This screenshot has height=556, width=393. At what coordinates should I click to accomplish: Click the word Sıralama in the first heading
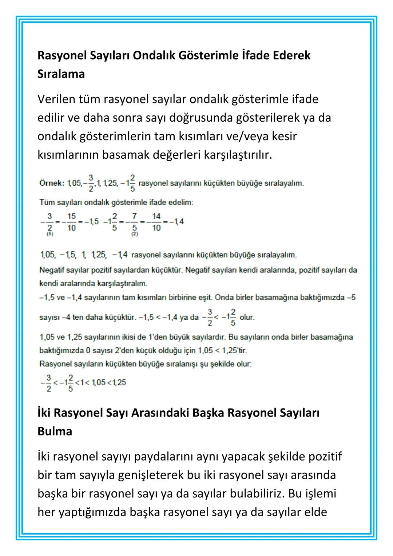coord(61,74)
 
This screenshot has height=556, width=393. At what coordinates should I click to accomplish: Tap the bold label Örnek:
coord(52,183)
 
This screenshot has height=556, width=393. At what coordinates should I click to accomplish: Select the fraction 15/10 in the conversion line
coord(71,222)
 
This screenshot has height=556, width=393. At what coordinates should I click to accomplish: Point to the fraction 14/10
coord(156,222)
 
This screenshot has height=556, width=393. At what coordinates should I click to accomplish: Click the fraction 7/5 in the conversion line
coord(134,222)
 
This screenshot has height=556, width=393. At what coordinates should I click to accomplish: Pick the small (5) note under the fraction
coord(50,234)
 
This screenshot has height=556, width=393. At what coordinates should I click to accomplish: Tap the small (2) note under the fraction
coord(135,234)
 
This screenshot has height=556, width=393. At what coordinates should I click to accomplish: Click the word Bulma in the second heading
coord(55,431)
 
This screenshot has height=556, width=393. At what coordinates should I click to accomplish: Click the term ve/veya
coord(247,137)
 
